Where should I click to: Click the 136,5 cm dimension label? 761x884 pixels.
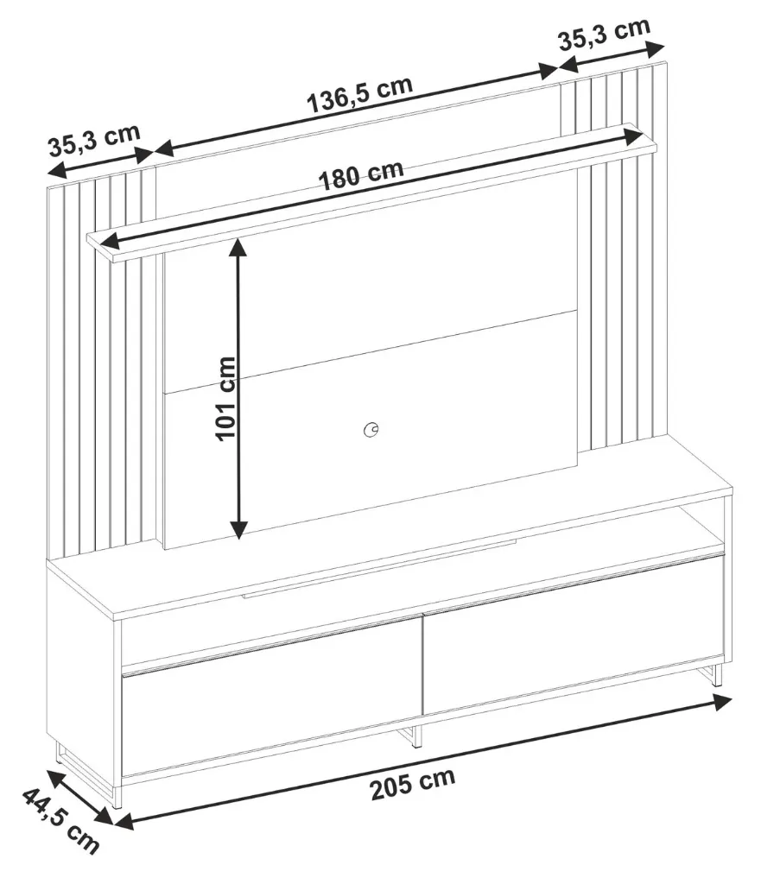point(360,96)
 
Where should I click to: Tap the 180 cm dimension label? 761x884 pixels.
point(361,175)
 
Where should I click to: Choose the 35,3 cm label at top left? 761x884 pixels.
point(93,141)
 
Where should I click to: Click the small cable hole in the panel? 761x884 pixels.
point(372,429)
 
